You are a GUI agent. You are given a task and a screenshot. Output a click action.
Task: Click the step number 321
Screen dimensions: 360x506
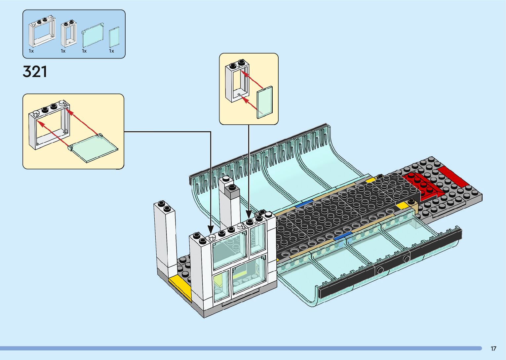coord(35,72)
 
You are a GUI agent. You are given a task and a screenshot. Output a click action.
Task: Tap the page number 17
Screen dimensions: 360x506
coord(493,348)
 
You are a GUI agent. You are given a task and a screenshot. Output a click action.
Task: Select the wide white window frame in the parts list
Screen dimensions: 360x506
coord(42,33)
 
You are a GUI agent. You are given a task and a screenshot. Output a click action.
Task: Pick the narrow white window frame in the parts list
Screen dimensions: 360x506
coord(69,34)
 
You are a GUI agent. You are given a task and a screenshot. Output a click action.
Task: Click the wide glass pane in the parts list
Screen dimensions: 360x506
coord(93,35)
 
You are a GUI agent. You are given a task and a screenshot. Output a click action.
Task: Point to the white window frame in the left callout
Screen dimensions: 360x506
coord(50,126)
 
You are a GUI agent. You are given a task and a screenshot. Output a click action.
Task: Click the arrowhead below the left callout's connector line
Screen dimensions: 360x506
coord(211,229)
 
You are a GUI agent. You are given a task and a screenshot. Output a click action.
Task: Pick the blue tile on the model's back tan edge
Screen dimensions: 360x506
coord(304,204)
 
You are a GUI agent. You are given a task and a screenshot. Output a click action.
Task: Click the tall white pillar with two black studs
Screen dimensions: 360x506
coord(165,238)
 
